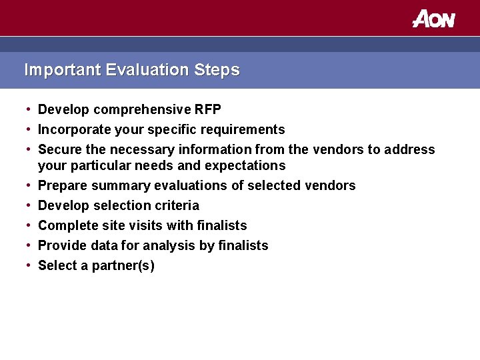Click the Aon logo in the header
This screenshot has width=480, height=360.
tap(433, 19)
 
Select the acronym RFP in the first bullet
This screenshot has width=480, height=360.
tap(207, 109)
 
